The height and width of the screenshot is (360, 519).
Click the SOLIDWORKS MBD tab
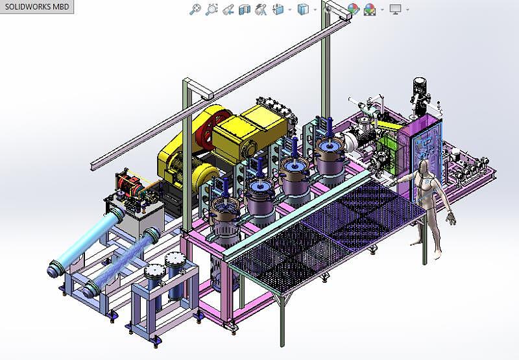(x=36, y=6)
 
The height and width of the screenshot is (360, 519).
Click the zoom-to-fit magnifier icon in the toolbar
(x=195, y=9)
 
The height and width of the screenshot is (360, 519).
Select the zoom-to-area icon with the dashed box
(x=211, y=9)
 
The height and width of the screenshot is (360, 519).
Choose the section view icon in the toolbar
(x=245, y=9)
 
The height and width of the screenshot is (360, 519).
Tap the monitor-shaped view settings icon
(x=395, y=9)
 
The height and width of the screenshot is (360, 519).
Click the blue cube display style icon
(x=302, y=9)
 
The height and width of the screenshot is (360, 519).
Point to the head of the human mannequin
(x=424, y=166)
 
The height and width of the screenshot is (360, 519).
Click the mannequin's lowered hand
(x=450, y=219)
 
